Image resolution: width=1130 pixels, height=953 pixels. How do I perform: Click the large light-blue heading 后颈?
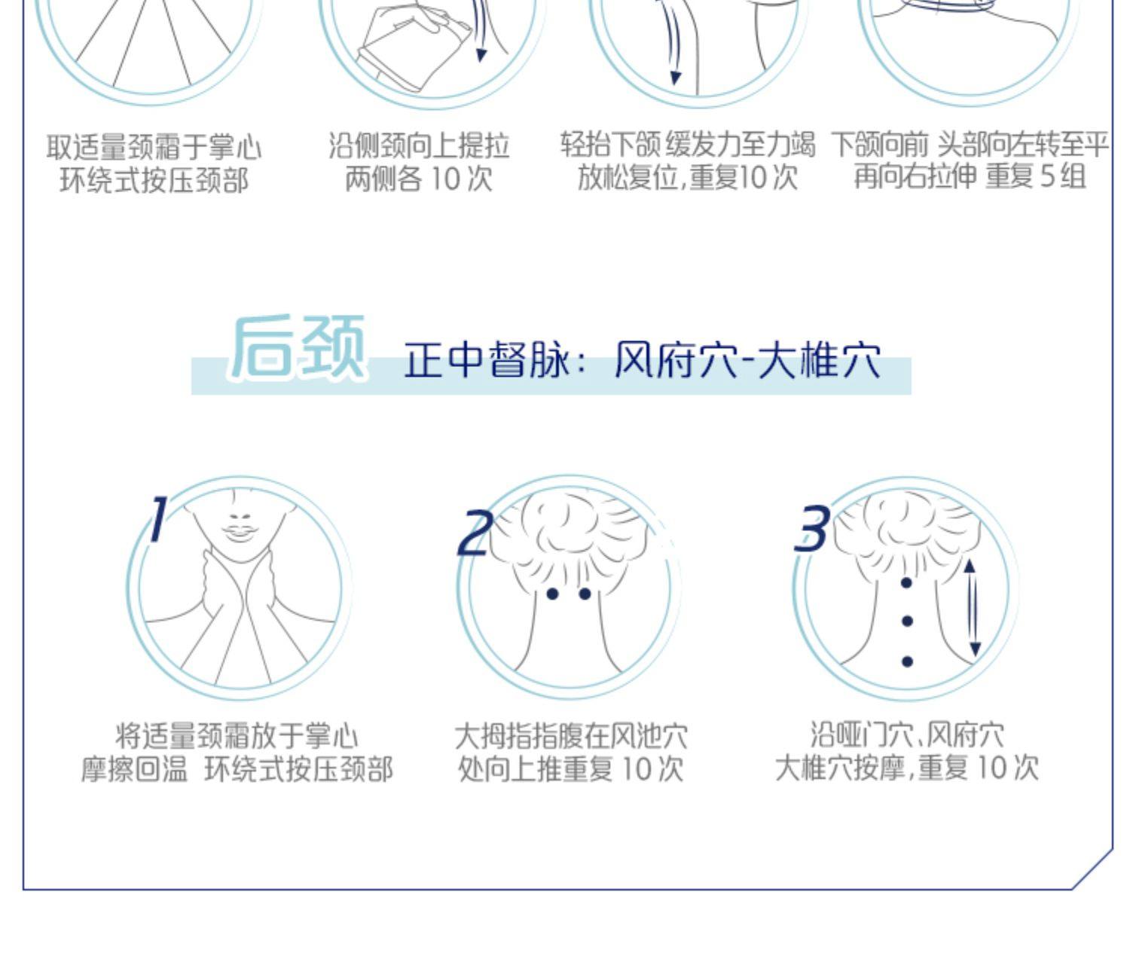(x=297, y=347)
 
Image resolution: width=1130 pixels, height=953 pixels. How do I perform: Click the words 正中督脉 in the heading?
(x=487, y=359)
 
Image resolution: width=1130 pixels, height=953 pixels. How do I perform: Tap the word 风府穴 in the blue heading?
(x=676, y=359)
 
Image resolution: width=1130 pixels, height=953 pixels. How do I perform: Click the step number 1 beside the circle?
(x=158, y=518)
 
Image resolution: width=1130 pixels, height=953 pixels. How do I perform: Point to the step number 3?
(x=812, y=528)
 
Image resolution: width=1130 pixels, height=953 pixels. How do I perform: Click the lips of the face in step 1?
(x=239, y=531)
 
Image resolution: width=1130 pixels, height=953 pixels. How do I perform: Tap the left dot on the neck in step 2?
(x=552, y=594)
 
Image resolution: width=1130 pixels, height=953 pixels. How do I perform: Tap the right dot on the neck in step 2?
(x=585, y=594)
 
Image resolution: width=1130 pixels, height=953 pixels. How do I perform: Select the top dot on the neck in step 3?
(x=907, y=583)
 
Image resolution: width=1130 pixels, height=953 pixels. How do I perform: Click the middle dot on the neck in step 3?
(x=908, y=621)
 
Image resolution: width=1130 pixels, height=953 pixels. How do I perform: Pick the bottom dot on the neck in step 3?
(x=908, y=661)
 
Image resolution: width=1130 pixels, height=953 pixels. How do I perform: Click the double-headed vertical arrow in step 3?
(x=972, y=608)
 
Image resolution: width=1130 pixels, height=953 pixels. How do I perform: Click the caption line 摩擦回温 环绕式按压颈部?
(x=237, y=769)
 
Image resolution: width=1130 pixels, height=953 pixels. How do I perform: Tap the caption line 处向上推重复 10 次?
(x=570, y=769)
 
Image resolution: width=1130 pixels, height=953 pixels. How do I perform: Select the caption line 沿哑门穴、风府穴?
(x=907, y=735)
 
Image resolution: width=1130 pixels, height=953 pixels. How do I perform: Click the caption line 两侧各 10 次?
(x=419, y=179)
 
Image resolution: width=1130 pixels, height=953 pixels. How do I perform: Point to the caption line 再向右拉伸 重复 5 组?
(x=970, y=177)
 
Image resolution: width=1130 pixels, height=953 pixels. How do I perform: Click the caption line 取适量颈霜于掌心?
(x=154, y=147)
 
